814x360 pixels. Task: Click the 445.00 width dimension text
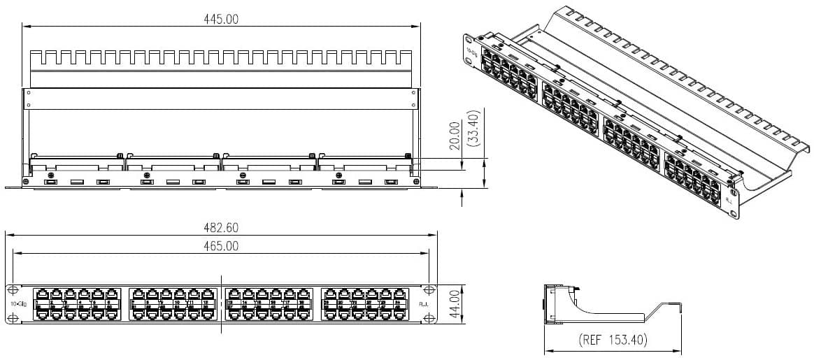pos(220,19)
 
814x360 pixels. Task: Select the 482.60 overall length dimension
pos(220,228)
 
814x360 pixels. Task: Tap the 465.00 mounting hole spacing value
pos(220,245)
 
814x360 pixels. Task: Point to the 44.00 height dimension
pos(454,304)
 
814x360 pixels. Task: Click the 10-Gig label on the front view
pos(18,304)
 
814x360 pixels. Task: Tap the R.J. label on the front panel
pos(423,304)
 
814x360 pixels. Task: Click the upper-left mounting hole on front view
pos(12,290)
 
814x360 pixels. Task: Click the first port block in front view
pos(76,304)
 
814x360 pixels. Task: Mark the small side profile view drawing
pos(612,304)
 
